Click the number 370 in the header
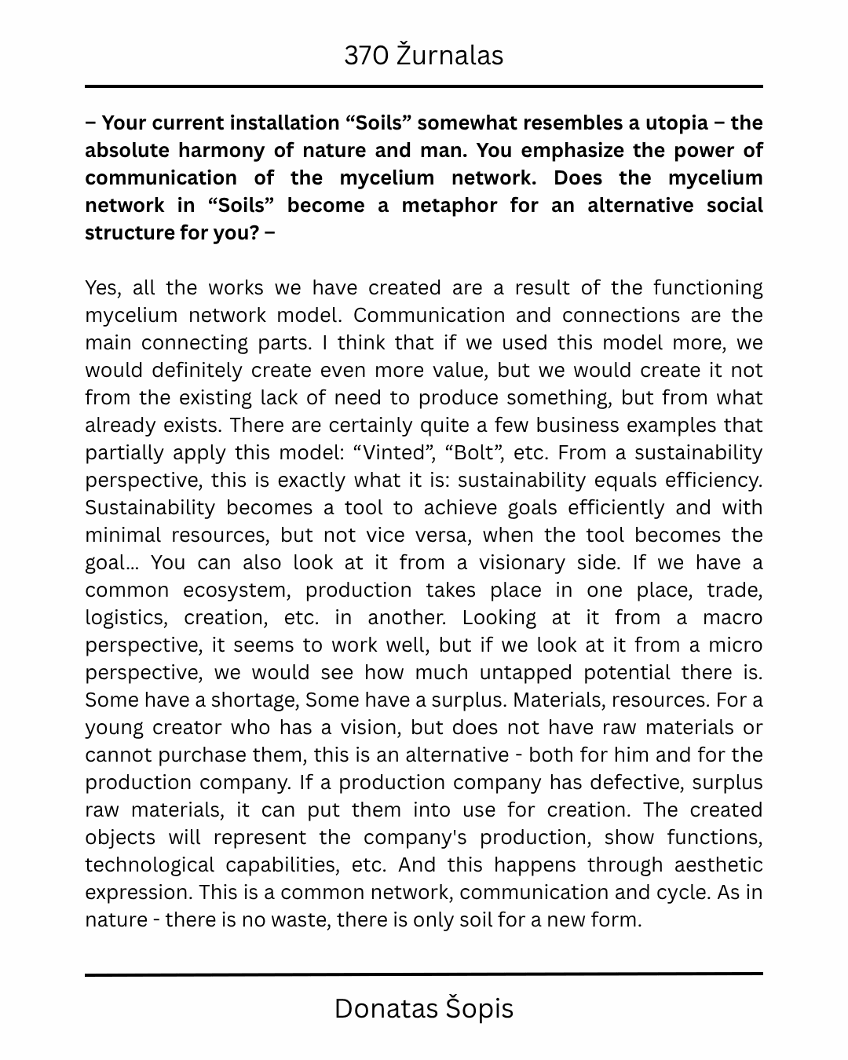click(365, 56)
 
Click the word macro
click(732, 618)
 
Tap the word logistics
click(126, 618)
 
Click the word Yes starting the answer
click(102, 288)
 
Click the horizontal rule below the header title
click(424, 86)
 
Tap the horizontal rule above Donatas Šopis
click(424, 974)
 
